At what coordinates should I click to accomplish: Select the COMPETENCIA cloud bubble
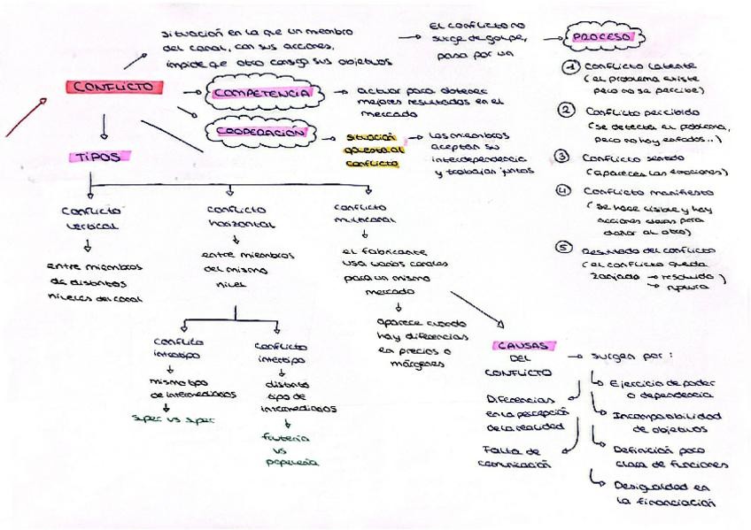pyautogui.click(x=261, y=92)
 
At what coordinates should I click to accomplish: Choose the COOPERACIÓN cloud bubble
pyautogui.click(x=261, y=133)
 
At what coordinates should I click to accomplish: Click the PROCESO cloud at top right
pyautogui.click(x=603, y=38)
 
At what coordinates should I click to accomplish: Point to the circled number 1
pyautogui.click(x=571, y=67)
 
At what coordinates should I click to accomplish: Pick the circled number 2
pyautogui.click(x=566, y=110)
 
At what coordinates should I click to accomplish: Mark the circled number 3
pyautogui.click(x=561, y=157)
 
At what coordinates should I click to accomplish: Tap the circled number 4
pyautogui.click(x=562, y=191)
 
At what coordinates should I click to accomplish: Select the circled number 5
pyautogui.click(x=562, y=248)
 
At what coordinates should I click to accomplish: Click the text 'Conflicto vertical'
pyautogui.click(x=91, y=218)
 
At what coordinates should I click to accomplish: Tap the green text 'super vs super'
pyautogui.click(x=167, y=419)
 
